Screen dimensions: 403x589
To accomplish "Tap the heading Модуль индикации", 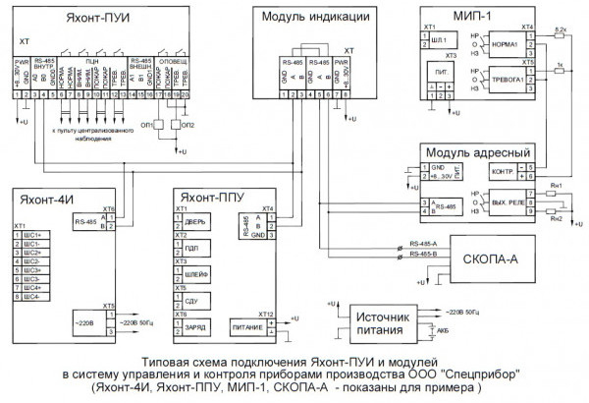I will tap(315, 19).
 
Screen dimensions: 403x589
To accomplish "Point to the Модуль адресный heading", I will tap(477, 153).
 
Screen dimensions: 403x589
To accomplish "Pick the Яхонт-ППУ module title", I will tap(223, 196).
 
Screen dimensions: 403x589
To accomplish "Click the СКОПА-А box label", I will tap(491, 257).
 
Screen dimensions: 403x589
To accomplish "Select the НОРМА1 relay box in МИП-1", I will tap(506, 44).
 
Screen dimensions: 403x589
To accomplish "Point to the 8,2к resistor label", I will tap(560, 32).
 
